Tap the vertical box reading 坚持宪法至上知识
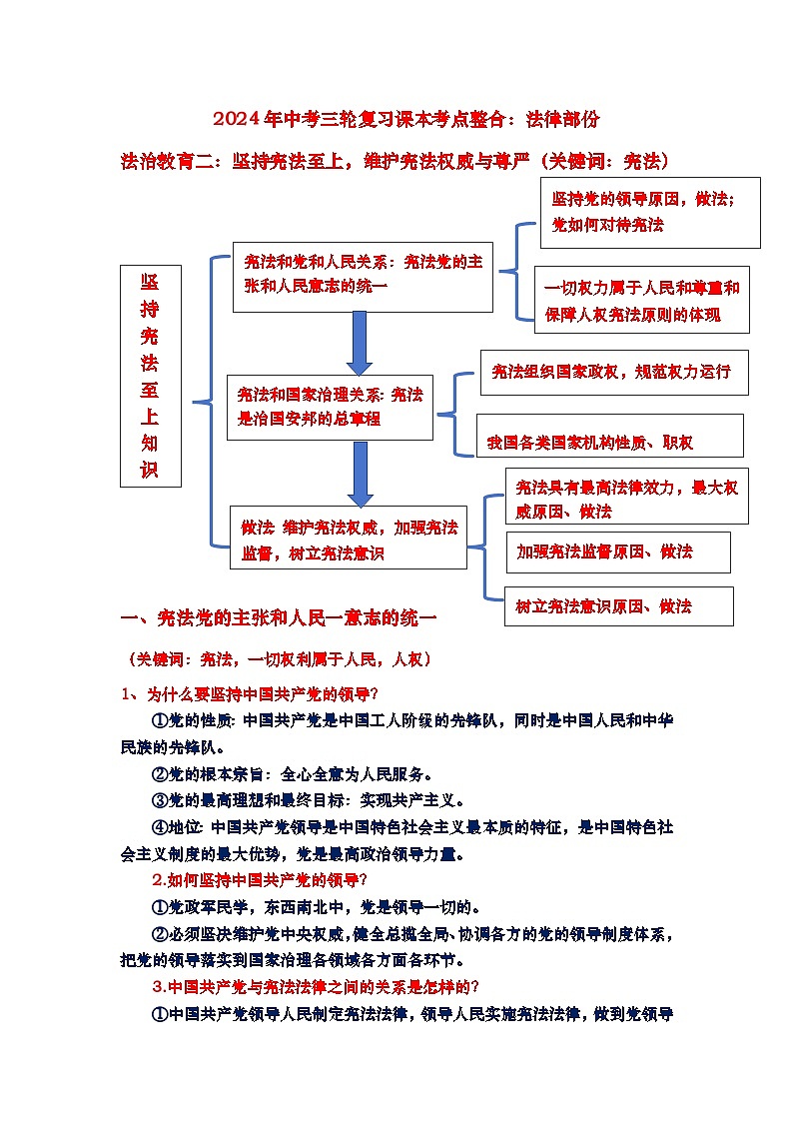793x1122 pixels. point(150,376)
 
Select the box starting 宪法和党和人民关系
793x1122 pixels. point(363,276)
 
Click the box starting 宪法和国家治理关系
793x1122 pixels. point(330,407)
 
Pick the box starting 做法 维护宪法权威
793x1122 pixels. point(348,539)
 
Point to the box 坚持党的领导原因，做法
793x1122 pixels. point(650,212)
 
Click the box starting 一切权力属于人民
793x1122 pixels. point(641,300)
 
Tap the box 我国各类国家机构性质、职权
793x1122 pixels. point(609,436)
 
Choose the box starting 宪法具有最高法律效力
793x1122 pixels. point(626,497)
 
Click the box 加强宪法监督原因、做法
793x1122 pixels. point(618,552)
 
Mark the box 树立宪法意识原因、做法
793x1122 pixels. point(618,606)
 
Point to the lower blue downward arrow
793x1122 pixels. point(361,474)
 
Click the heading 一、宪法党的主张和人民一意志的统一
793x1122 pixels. point(279,618)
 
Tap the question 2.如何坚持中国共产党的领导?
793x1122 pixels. point(260,879)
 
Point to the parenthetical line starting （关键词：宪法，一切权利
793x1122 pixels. point(279,659)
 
